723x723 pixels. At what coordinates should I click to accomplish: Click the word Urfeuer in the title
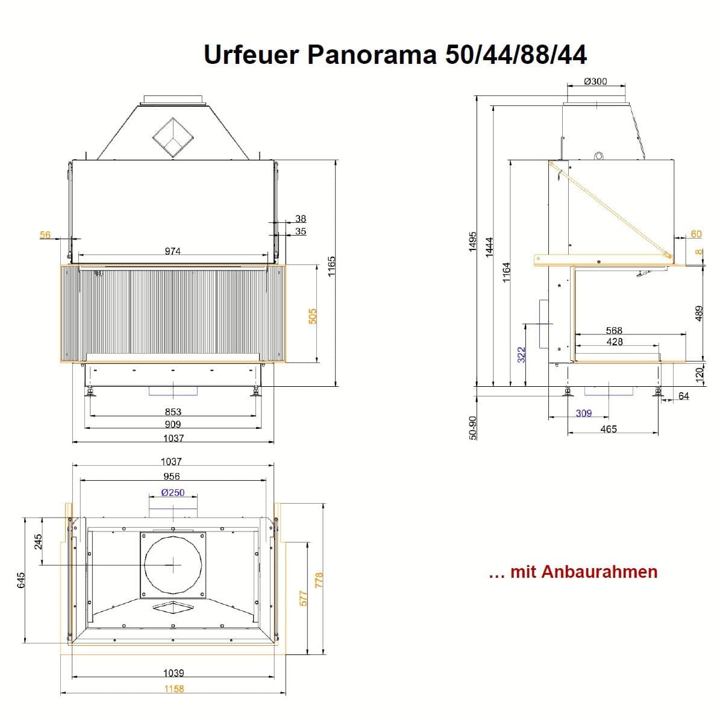[251, 54]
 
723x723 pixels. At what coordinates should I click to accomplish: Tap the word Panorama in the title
[372, 54]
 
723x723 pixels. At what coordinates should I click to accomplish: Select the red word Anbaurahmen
[599, 572]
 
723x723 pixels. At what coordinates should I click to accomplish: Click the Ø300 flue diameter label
[595, 81]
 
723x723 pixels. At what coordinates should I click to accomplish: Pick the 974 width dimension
[172, 251]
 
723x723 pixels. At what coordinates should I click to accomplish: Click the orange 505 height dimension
[313, 316]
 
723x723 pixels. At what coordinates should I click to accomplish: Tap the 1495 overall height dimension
[472, 242]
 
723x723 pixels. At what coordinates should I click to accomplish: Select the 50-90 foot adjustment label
[472, 427]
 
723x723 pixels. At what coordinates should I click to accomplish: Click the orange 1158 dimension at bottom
[174, 689]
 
